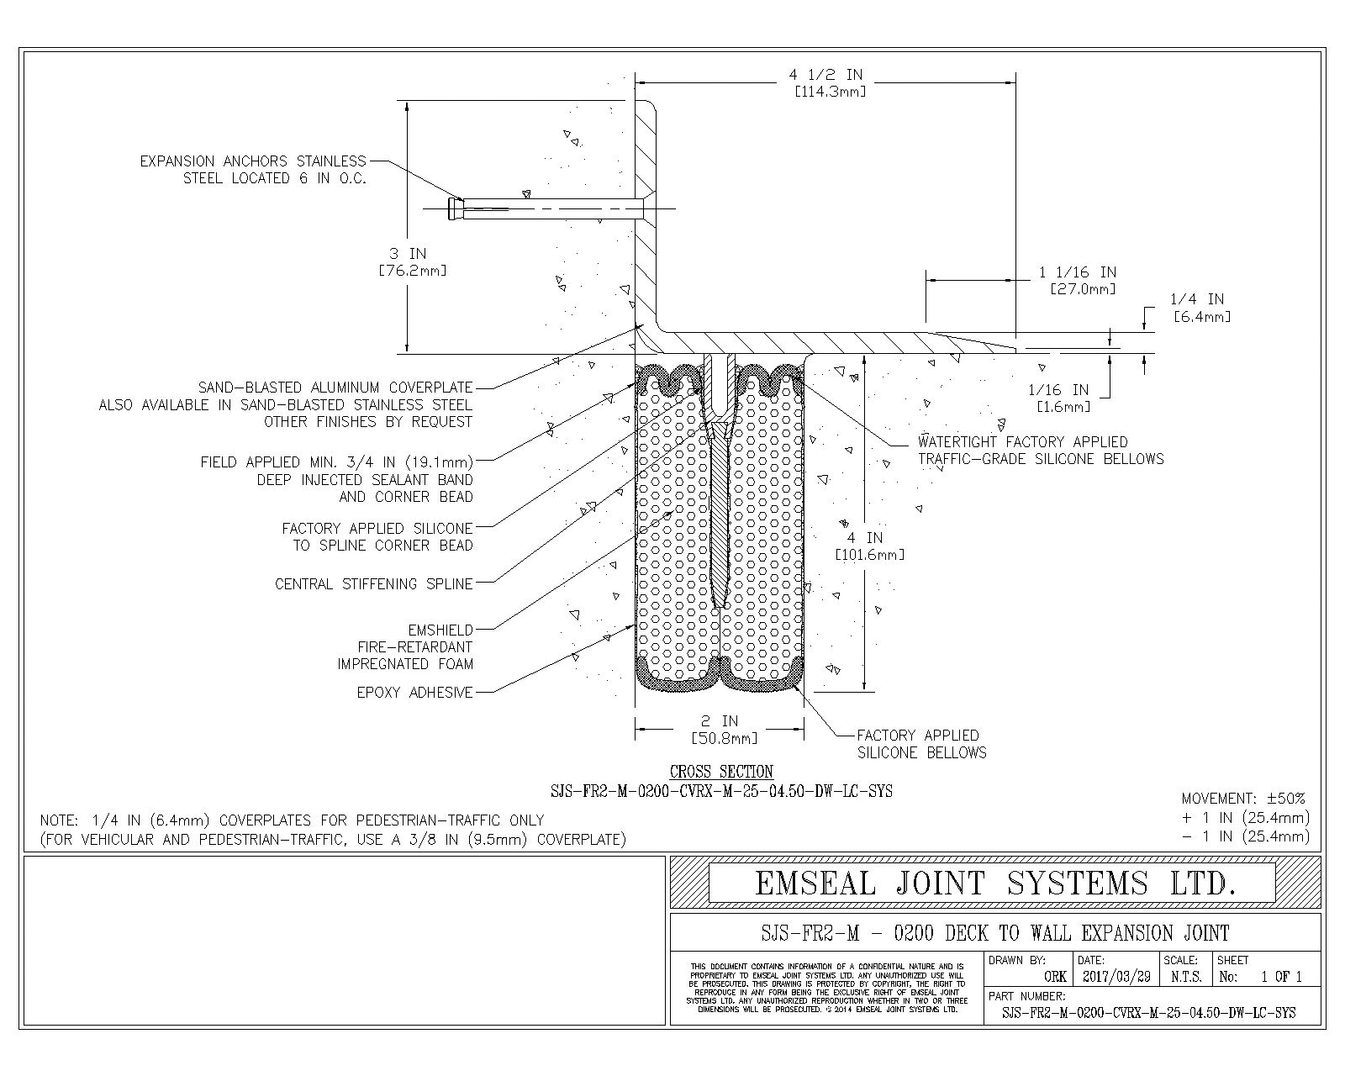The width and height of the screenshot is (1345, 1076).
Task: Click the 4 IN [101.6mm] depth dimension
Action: click(868, 546)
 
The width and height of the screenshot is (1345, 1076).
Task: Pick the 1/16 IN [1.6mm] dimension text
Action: click(1063, 398)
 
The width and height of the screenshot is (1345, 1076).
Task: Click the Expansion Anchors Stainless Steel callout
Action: click(253, 170)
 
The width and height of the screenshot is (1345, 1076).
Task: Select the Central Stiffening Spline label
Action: click(374, 584)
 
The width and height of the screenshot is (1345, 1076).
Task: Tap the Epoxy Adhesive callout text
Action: click(414, 693)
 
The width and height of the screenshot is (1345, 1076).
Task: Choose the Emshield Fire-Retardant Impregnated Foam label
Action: click(405, 647)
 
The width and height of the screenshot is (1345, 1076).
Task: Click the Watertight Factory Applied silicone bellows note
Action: click(1041, 451)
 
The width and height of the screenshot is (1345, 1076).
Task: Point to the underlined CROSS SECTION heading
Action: click(721, 772)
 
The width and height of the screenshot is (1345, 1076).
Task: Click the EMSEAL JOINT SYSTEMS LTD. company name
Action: click(995, 883)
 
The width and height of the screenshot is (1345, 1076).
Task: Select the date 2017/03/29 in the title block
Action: click(1116, 977)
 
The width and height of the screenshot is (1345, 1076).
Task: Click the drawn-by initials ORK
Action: click(1056, 977)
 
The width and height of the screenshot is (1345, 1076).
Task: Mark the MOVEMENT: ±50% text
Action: click(1243, 799)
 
